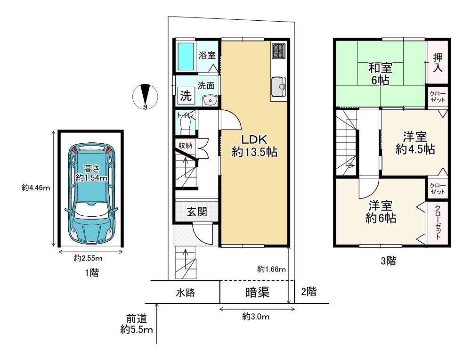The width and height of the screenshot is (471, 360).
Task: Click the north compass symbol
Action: click(145, 96)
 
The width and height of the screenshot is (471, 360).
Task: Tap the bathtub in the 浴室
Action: click(186, 56)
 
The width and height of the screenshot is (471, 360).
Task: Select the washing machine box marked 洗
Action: click(186, 96)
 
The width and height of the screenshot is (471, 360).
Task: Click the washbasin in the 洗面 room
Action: click(210, 100)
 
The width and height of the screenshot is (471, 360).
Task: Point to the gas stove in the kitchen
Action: click(279, 51)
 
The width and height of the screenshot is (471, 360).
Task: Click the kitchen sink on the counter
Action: click(278, 87)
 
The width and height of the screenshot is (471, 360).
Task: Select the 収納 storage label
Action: click(185, 146)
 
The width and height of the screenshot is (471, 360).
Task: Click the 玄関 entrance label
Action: click(197, 212)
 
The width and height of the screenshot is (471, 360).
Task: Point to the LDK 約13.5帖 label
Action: click(254, 146)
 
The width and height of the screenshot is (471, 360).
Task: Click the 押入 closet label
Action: click(438, 63)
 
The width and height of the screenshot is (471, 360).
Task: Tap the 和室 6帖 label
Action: click(380, 74)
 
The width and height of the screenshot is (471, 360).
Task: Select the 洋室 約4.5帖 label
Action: click(415, 143)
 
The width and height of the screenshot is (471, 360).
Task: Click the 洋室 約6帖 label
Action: click(381, 212)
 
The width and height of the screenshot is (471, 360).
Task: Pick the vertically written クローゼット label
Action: click(438, 222)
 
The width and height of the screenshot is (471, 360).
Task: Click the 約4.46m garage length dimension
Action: click(36, 188)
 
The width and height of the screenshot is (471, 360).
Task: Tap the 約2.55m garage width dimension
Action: click(88, 258)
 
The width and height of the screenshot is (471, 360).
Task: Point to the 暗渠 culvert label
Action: click(257, 292)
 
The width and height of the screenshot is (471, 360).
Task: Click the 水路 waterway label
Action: click(185, 293)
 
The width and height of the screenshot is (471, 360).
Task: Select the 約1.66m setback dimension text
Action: click(271, 269)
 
